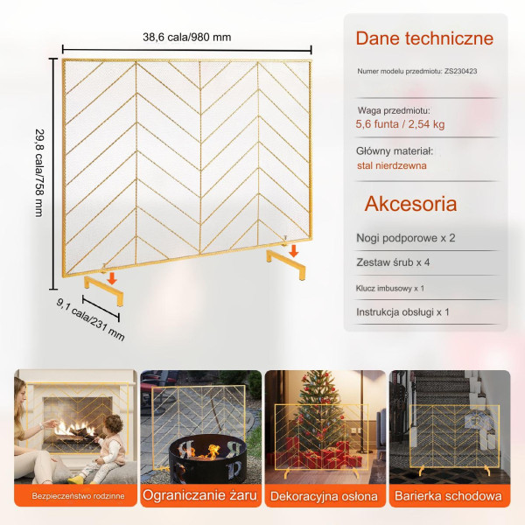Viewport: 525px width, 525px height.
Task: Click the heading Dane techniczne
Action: point(424,38)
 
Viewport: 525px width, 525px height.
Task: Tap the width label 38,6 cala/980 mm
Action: point(187,37)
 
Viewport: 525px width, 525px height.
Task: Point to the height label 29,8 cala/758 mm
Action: point(40,173)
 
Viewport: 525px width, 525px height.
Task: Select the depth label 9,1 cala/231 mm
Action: point(90,319)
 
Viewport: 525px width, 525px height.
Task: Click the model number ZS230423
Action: point(461,71)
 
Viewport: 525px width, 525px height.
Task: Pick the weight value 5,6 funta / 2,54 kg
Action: point(400,124)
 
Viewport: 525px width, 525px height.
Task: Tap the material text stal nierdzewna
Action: point(392,165)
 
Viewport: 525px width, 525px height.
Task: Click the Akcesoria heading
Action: point(410,204)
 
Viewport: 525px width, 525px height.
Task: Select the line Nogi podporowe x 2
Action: point(405,238)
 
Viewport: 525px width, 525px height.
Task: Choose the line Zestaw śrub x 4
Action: point(393,262)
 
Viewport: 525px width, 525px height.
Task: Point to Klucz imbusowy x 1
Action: point(389,288)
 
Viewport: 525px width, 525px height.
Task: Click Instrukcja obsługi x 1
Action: point(402,312)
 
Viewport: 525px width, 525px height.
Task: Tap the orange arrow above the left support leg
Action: point(112,278)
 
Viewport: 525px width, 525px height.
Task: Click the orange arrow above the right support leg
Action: point(294,251)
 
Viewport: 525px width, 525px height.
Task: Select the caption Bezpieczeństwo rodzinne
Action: point(78,496)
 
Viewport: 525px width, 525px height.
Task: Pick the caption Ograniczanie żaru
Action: point(199,495)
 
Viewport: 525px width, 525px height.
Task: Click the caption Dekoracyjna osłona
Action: point(324,496)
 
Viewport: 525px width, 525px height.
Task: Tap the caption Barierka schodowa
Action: point(448,496)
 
